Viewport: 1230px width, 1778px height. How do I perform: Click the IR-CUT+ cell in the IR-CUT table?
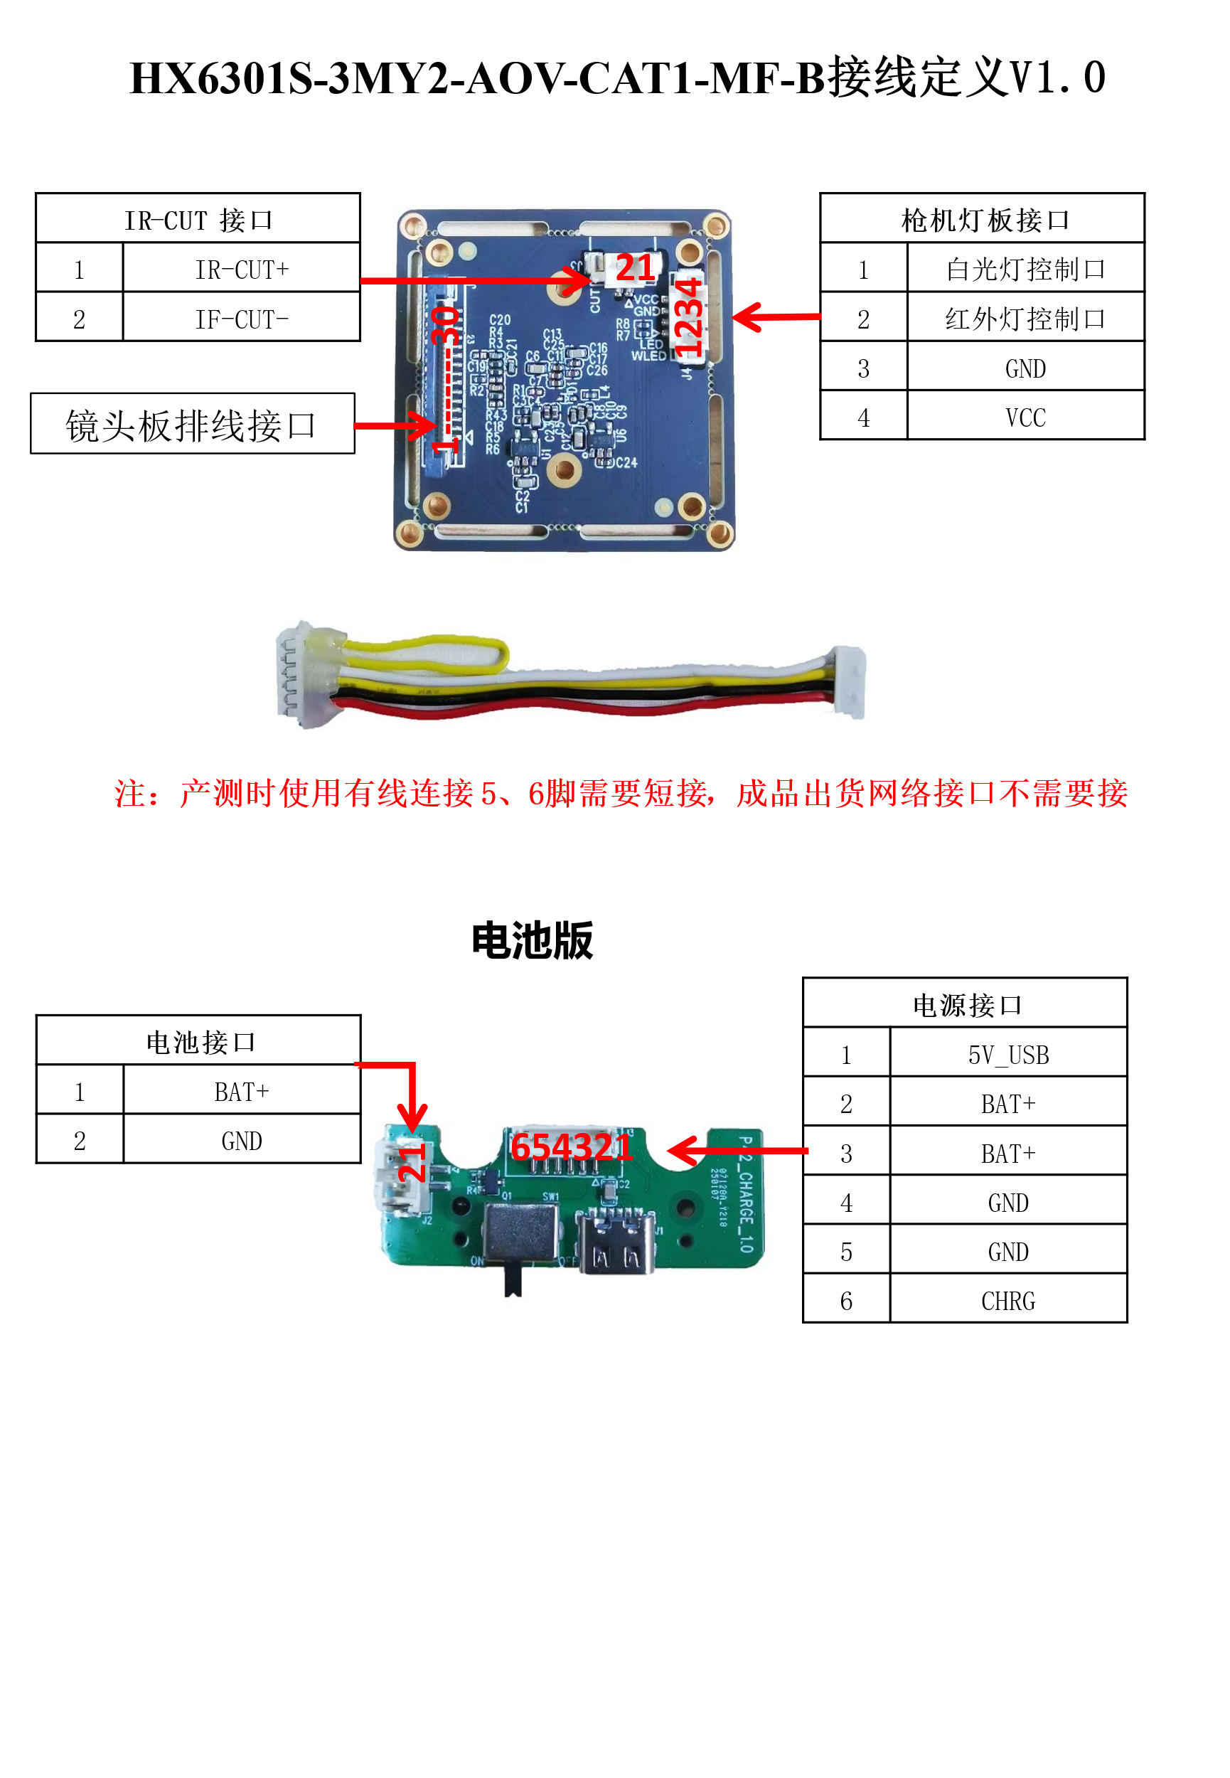[x=241, y=270]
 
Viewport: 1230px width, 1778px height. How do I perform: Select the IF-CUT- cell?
[x=241, y=319]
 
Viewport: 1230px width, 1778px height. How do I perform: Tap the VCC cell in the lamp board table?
[x=1025, y=417]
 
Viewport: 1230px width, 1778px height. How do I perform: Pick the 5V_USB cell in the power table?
[x=1008, y=1054]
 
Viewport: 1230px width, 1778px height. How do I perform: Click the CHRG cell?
[x=1008, y=1301]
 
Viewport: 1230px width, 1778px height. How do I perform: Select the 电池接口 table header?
[x=199, y=1042]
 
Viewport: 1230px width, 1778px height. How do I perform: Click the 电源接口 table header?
[x=966, y=1005]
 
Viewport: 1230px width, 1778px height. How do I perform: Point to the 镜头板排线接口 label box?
[x=192, y=425]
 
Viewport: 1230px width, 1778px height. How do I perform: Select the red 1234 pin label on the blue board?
[x=688, y=317]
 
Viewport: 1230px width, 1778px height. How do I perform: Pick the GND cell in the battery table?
[x=241, y=1141]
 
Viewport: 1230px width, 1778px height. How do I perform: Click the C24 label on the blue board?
[x=626, y=462]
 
